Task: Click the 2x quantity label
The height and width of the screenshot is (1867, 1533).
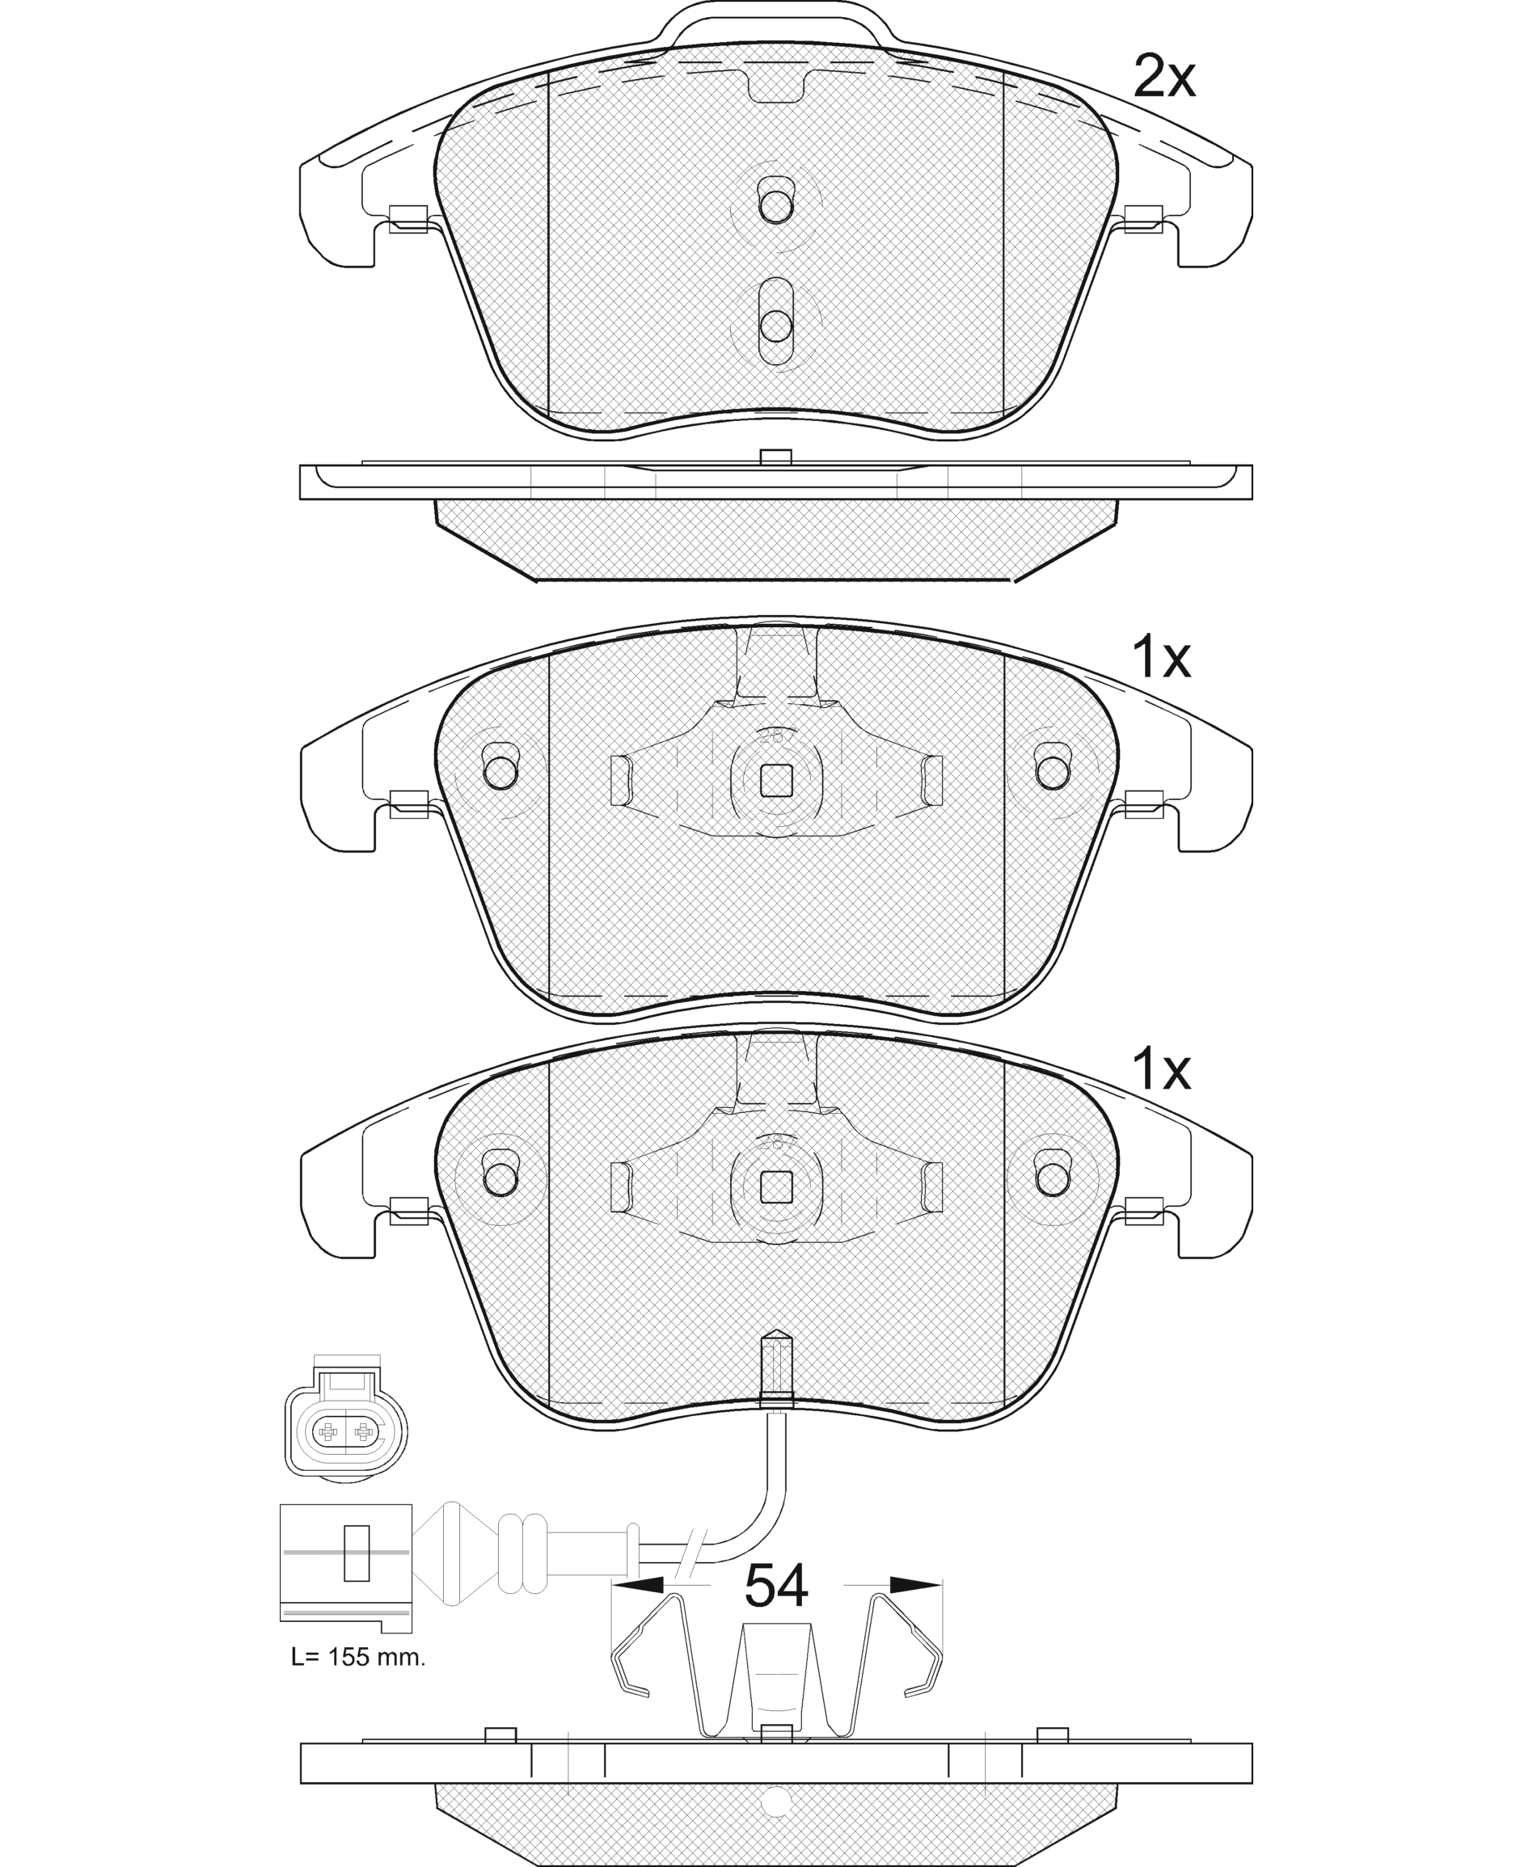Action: pos(1163,78)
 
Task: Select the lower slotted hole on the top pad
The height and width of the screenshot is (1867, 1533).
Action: pos(776,322)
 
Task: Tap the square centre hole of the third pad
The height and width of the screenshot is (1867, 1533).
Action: pos(776,1186)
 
